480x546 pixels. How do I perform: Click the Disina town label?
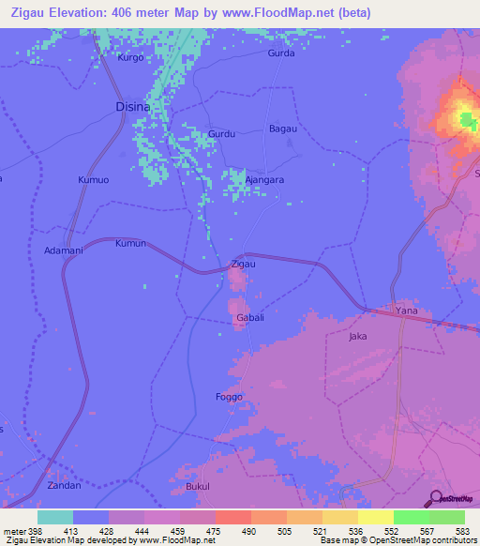click(x=132, y=106)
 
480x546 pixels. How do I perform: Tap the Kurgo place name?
click(x=130, y=57)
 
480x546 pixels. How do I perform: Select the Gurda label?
click(x=281, y=53)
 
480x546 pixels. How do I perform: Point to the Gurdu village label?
click(x=222, y=134)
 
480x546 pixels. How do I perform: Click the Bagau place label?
click(x=283, y=128)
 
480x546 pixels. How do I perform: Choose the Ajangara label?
click(x=264, y=179)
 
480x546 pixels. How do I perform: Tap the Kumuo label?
click(x=94, y=178)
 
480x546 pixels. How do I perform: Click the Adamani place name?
click(x=65, y=250)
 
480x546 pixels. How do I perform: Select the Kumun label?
click(x=130, y=243)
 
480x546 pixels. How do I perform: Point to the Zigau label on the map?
click(x=243, y=265)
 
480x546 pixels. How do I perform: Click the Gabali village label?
click(x=248, y=319)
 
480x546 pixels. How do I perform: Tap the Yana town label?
click(x=406, y=311)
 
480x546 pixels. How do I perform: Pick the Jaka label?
click(x=357, y=335)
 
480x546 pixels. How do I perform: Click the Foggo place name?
click(x=229, y=397)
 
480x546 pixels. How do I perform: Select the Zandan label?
click(x=65, y=486)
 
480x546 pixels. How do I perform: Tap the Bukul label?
click(x=198, y=487)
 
